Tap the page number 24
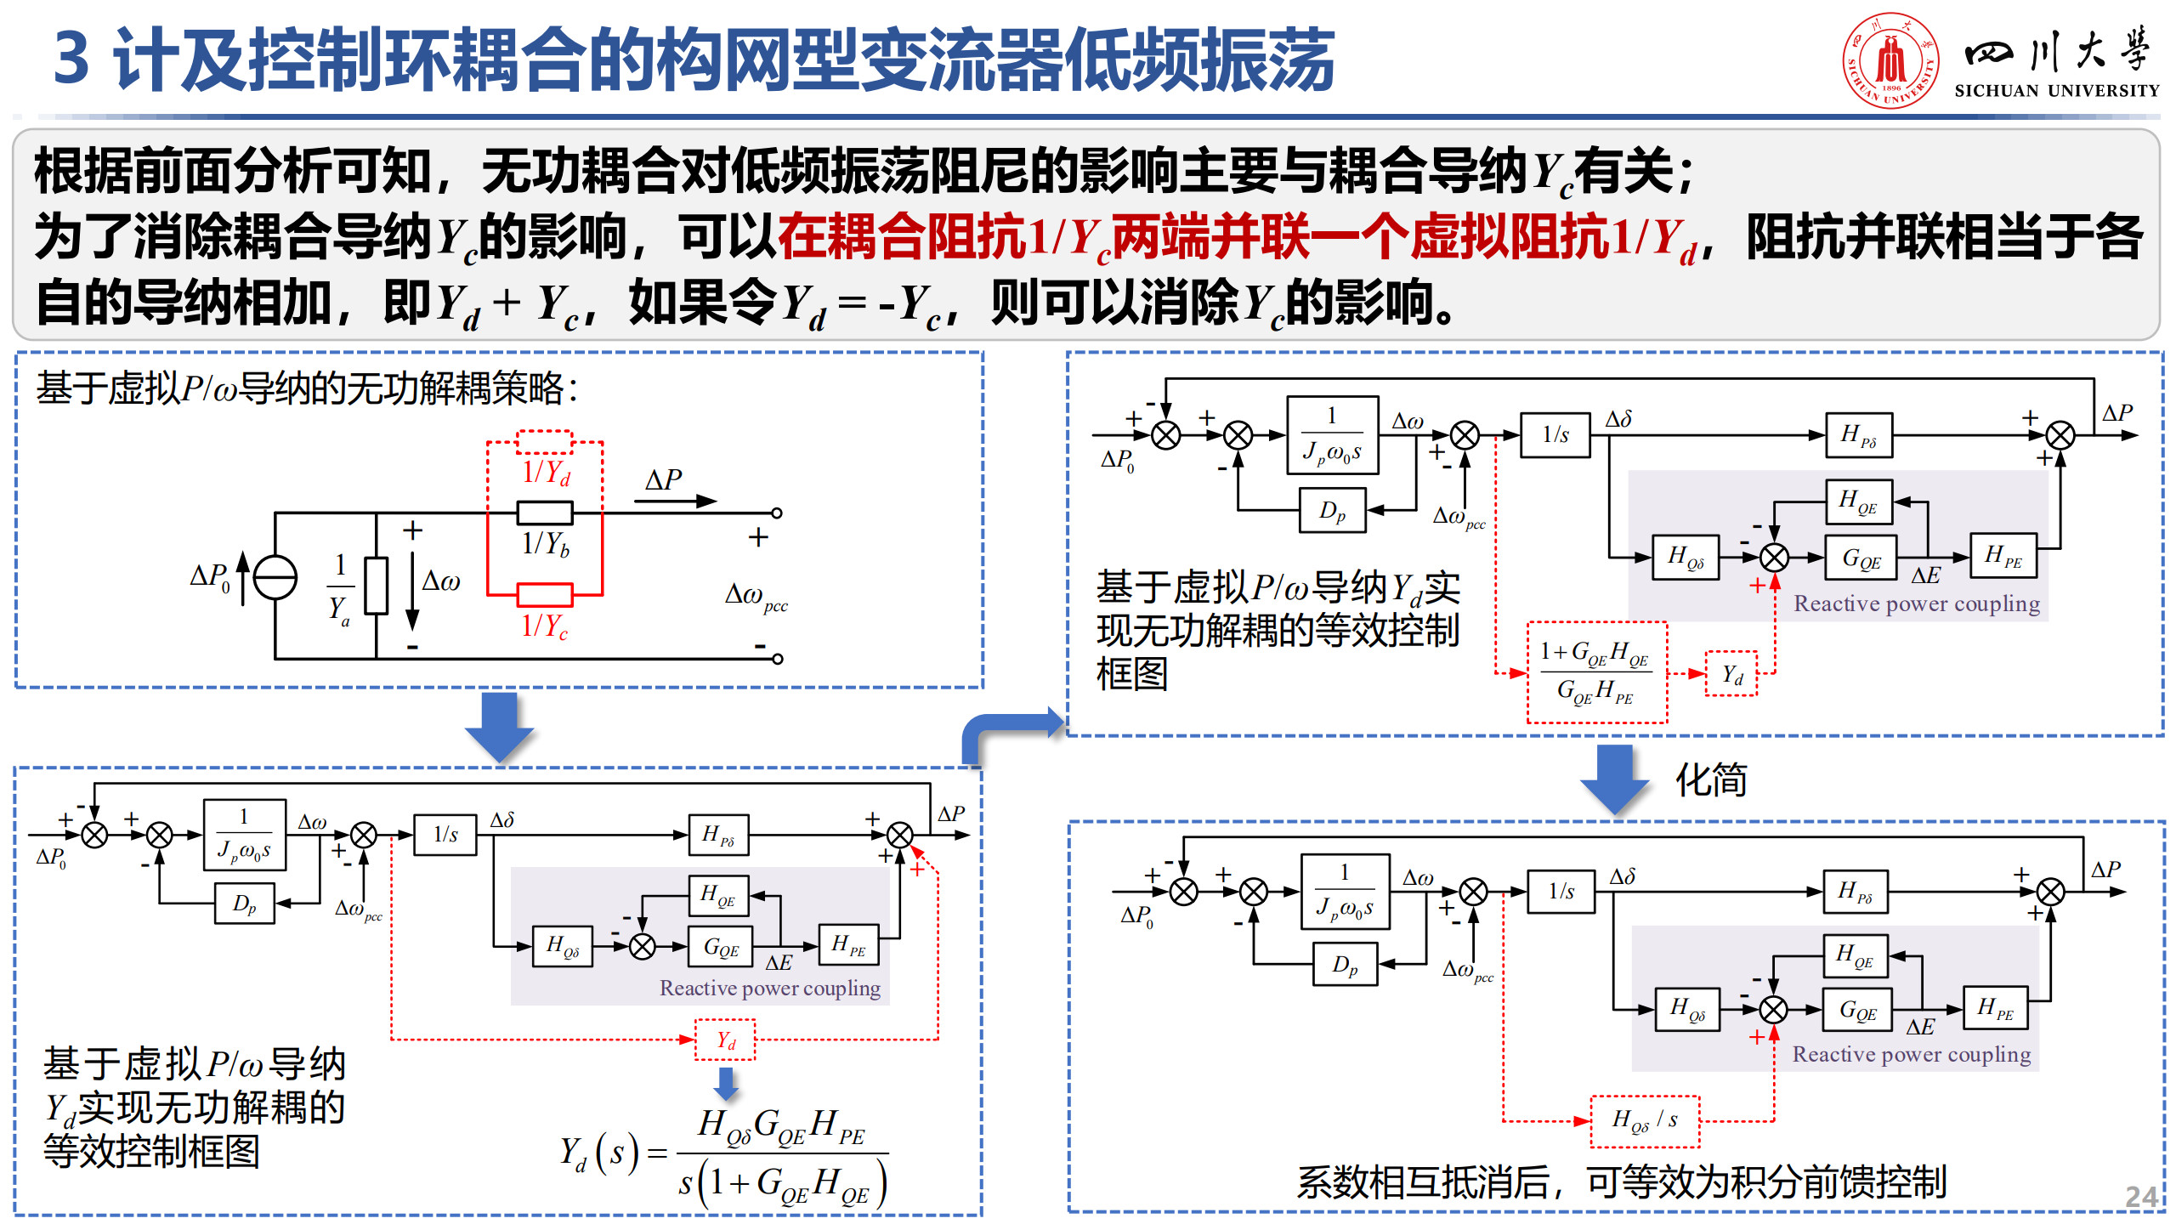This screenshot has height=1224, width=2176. [2140, 1197]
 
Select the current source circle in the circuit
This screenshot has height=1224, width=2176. [275, 578]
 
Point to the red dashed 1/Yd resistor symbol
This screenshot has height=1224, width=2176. [545, 442]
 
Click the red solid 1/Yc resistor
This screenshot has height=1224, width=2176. [545, 594]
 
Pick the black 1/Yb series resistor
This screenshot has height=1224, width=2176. [545, 513]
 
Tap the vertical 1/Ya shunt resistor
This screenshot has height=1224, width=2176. [376, 586]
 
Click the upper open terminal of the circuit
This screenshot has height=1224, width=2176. [777, 513]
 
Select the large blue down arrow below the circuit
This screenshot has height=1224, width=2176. [500, 726]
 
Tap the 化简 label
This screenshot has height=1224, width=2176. [1710, 780]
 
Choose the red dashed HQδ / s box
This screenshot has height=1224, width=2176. [1645, 1121]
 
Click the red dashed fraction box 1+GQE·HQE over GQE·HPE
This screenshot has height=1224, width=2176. [1596, 673]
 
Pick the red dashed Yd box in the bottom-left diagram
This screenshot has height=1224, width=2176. [725, 1040]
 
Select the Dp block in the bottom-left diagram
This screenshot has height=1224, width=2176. [244, 904]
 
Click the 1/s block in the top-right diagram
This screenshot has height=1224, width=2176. [1555, 435]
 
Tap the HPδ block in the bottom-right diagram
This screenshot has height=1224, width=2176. [1856, 892]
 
